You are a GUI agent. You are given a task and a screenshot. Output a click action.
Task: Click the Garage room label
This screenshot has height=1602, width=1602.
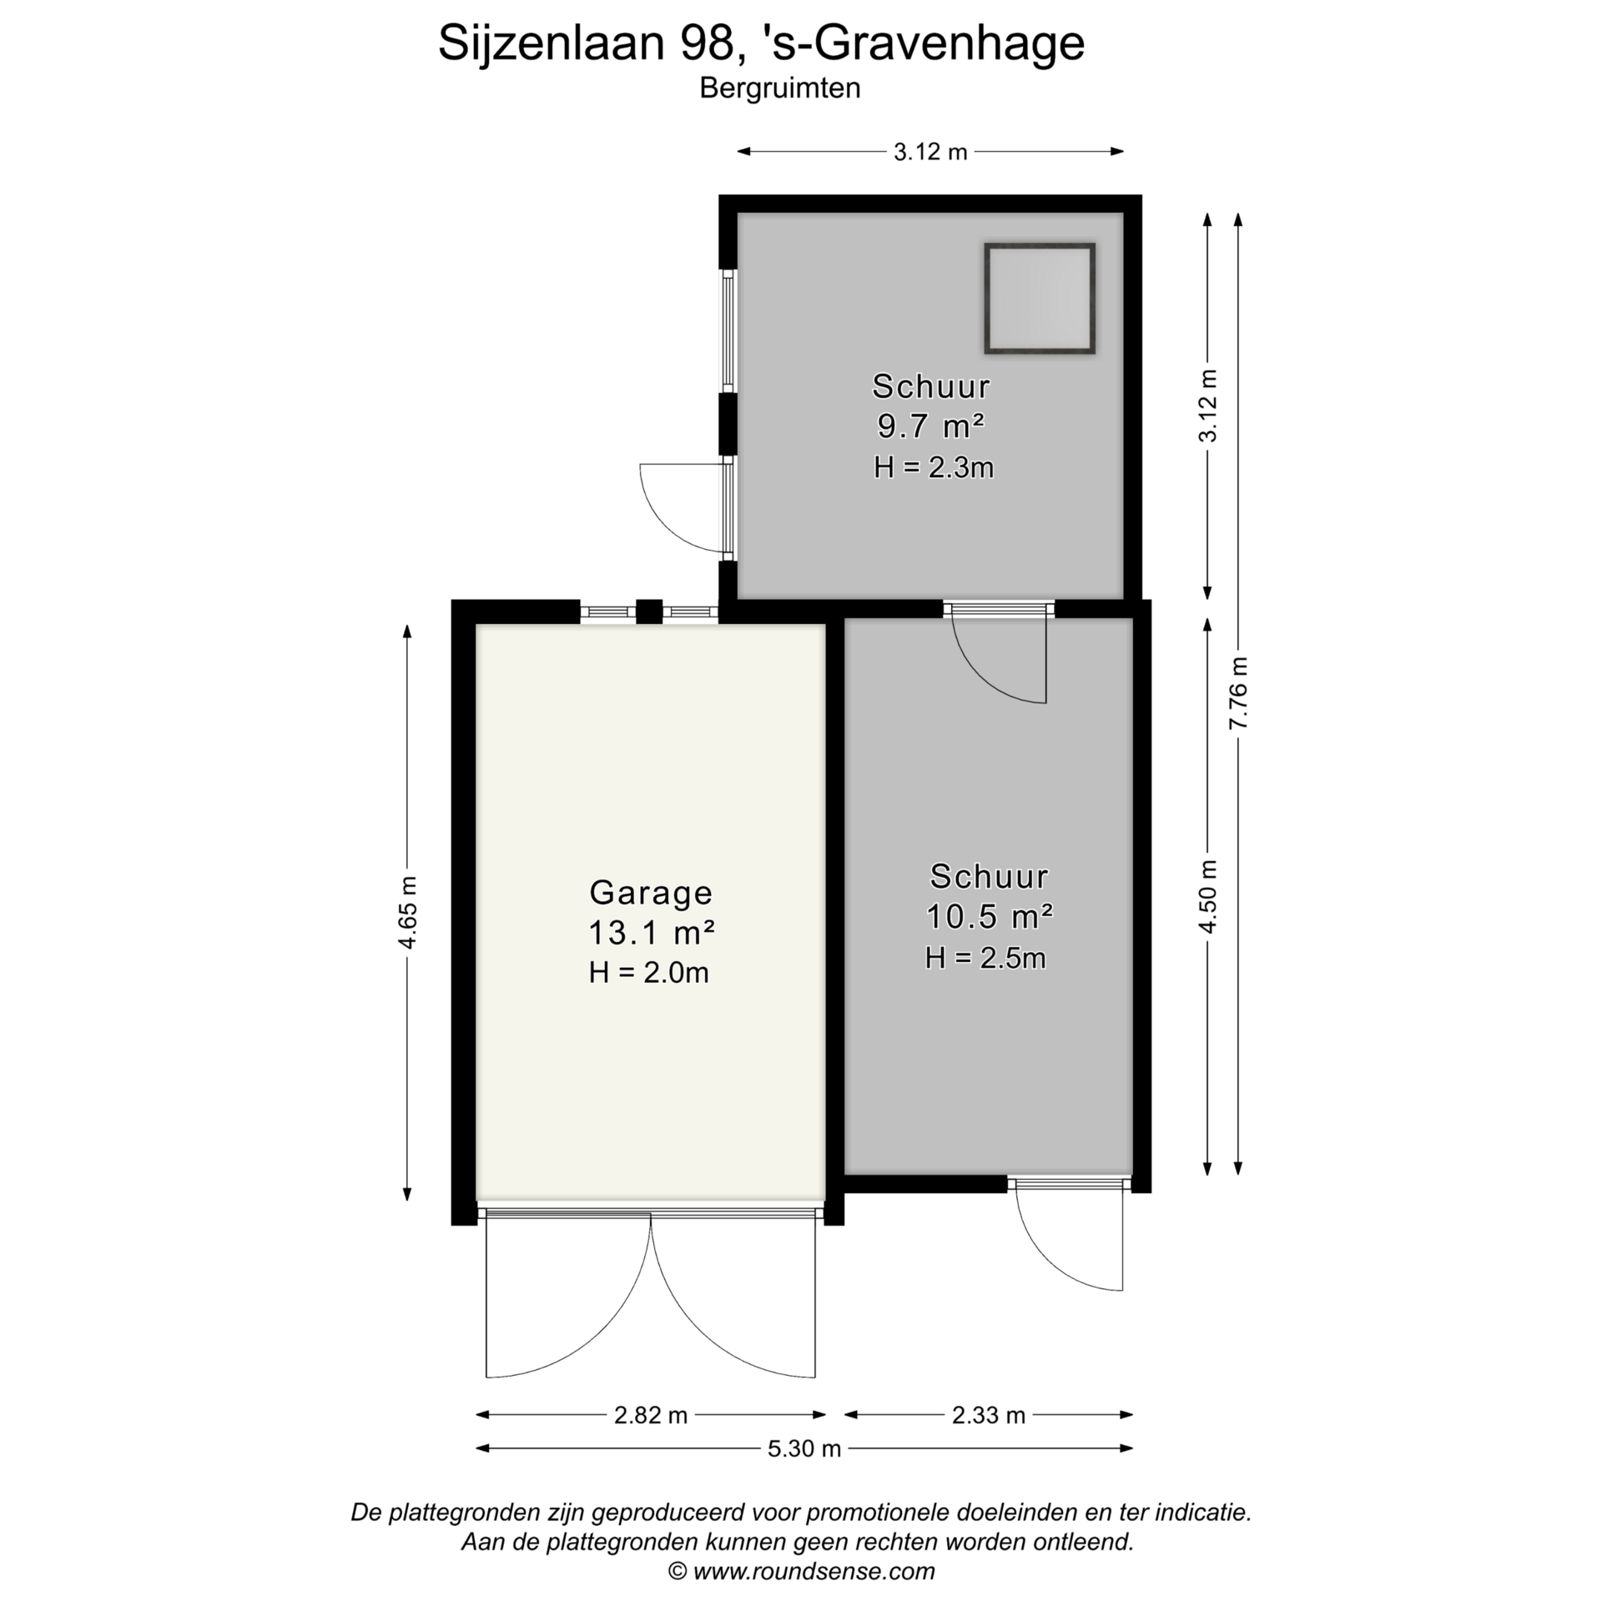pyautogui.click(x=651, y=893)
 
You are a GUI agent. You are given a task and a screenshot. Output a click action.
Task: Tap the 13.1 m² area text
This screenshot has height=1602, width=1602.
pyautogui.click(x=651, y=932)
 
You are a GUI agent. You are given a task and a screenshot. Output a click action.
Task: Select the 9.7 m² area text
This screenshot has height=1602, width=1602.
pyautogui.click(x=930, y=426)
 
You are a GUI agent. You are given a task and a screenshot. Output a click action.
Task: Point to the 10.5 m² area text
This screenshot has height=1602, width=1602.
pyautogui.click(x=989, y=916)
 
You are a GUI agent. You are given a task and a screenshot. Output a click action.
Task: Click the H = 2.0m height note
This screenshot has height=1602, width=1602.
pyautogui.click(x=649, y=972)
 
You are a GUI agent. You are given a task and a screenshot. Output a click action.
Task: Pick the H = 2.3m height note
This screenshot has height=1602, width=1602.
pyautogui.click(x=934, y=466)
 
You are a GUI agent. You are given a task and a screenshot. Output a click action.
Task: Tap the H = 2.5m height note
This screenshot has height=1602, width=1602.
pyautogui.click(x=985, y=957)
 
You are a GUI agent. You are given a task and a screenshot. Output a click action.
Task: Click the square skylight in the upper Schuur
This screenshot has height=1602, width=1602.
pyautogui.click(x=1039, y=298)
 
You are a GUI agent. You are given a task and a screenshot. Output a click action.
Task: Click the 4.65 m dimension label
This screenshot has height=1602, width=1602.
pyautogui.click(x=407, y=913)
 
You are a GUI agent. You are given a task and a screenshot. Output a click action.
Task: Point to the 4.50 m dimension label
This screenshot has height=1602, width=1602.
pyautogui.click(x=1207, y=896)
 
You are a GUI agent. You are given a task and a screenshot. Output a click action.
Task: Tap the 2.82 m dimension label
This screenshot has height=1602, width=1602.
pyautogui.click(x=651, y=1415)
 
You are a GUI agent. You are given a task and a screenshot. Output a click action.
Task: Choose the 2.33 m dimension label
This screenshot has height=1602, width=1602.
pyautogui.click(x=989, y=1415)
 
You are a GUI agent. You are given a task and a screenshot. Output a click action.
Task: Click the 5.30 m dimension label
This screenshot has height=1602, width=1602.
pyautogui.click(x=804, y=1448)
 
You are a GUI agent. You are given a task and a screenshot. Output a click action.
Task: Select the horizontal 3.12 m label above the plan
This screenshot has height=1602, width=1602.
pyautogui.click(x=930, y=152)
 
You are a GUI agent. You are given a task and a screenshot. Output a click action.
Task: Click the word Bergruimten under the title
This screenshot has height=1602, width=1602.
pyautogui.click(x=780, y=88)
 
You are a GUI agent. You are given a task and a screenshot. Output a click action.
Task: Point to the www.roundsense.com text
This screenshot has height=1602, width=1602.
pyautogui.click(x=814, y=1572)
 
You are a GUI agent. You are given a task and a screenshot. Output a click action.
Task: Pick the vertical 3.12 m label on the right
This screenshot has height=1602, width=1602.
pyautogui.click(x=1207, y=406)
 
